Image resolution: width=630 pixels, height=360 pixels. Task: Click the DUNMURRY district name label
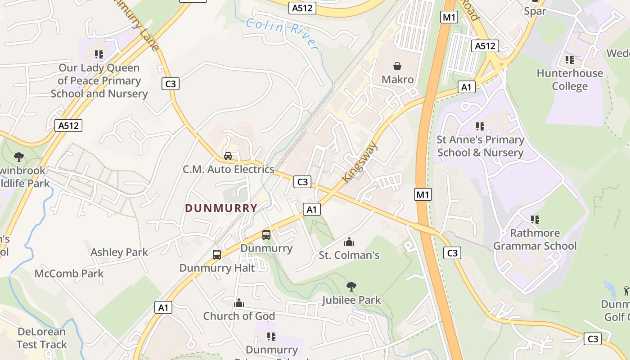(x=221, y=208)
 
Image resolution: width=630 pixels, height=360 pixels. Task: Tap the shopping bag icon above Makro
(x=397, y=67)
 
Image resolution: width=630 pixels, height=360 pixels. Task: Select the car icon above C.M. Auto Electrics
(x=228, y=156)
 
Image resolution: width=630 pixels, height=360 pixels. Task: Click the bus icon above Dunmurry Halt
(x=217, y=255)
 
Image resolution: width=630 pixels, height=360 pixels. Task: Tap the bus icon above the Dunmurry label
(x=266, y=235)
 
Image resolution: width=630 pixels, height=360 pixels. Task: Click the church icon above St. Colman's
(x=349, y=242)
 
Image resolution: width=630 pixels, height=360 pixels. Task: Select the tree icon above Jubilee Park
(x=351, y=286)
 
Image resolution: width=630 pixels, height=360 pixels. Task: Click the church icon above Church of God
(x=239, y=303)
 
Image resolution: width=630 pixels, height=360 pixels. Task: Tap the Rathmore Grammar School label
(x=535, y=239)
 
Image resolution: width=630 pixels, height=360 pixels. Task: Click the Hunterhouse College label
(x=570, y=80)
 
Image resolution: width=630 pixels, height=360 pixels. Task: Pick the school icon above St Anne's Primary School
(x=480, y=126)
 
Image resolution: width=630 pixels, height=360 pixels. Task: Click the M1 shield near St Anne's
(x=423, y=194)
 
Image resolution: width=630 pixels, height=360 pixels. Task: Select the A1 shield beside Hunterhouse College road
(x=466, y=87)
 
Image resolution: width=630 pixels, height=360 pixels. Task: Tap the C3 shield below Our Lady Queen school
(x=171, y=83)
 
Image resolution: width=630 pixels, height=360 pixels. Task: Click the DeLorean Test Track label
(x=41, y=338)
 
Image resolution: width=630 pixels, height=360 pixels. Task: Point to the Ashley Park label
(x=119, y=252)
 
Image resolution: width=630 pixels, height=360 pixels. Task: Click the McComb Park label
(x=69, y=273)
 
